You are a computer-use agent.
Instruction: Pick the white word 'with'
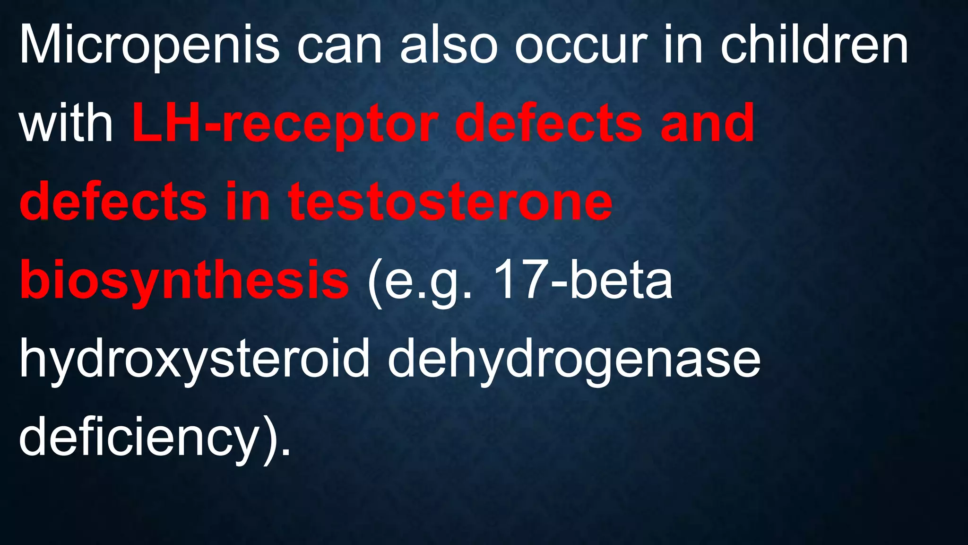click(66, 124)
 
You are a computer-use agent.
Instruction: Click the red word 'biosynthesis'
click(184, 281)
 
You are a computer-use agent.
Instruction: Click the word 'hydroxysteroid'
click(194, 360)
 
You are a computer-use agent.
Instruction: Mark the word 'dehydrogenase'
click(574, 360)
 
